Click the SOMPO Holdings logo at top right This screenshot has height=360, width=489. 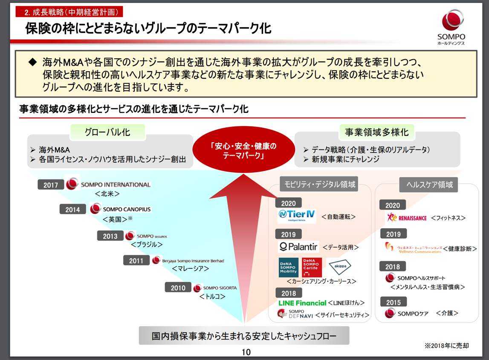click(451, 26)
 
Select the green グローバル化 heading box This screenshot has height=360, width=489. click(107, 132)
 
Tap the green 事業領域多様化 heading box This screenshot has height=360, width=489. click(376, 132)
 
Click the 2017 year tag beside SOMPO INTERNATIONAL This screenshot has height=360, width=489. click(51, 185)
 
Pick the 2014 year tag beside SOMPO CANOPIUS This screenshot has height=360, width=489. click(72, 210)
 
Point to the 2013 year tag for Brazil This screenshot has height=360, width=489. click(110, 236)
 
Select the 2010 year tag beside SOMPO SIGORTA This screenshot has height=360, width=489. click(178, 288)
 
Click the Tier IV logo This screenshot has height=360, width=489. click(297, 216)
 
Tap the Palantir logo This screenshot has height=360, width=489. click(298, 247)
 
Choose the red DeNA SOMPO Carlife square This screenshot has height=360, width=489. click(312, 268)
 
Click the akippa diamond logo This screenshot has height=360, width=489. click(340, 267)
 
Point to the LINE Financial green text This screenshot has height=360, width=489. click(302, 303)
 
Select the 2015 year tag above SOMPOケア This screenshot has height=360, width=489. click(393, 302)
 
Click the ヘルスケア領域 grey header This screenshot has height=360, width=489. click(429, 185)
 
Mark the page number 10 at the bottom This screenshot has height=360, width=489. click(246, 352)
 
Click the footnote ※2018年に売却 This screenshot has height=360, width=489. click(446, 346)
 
